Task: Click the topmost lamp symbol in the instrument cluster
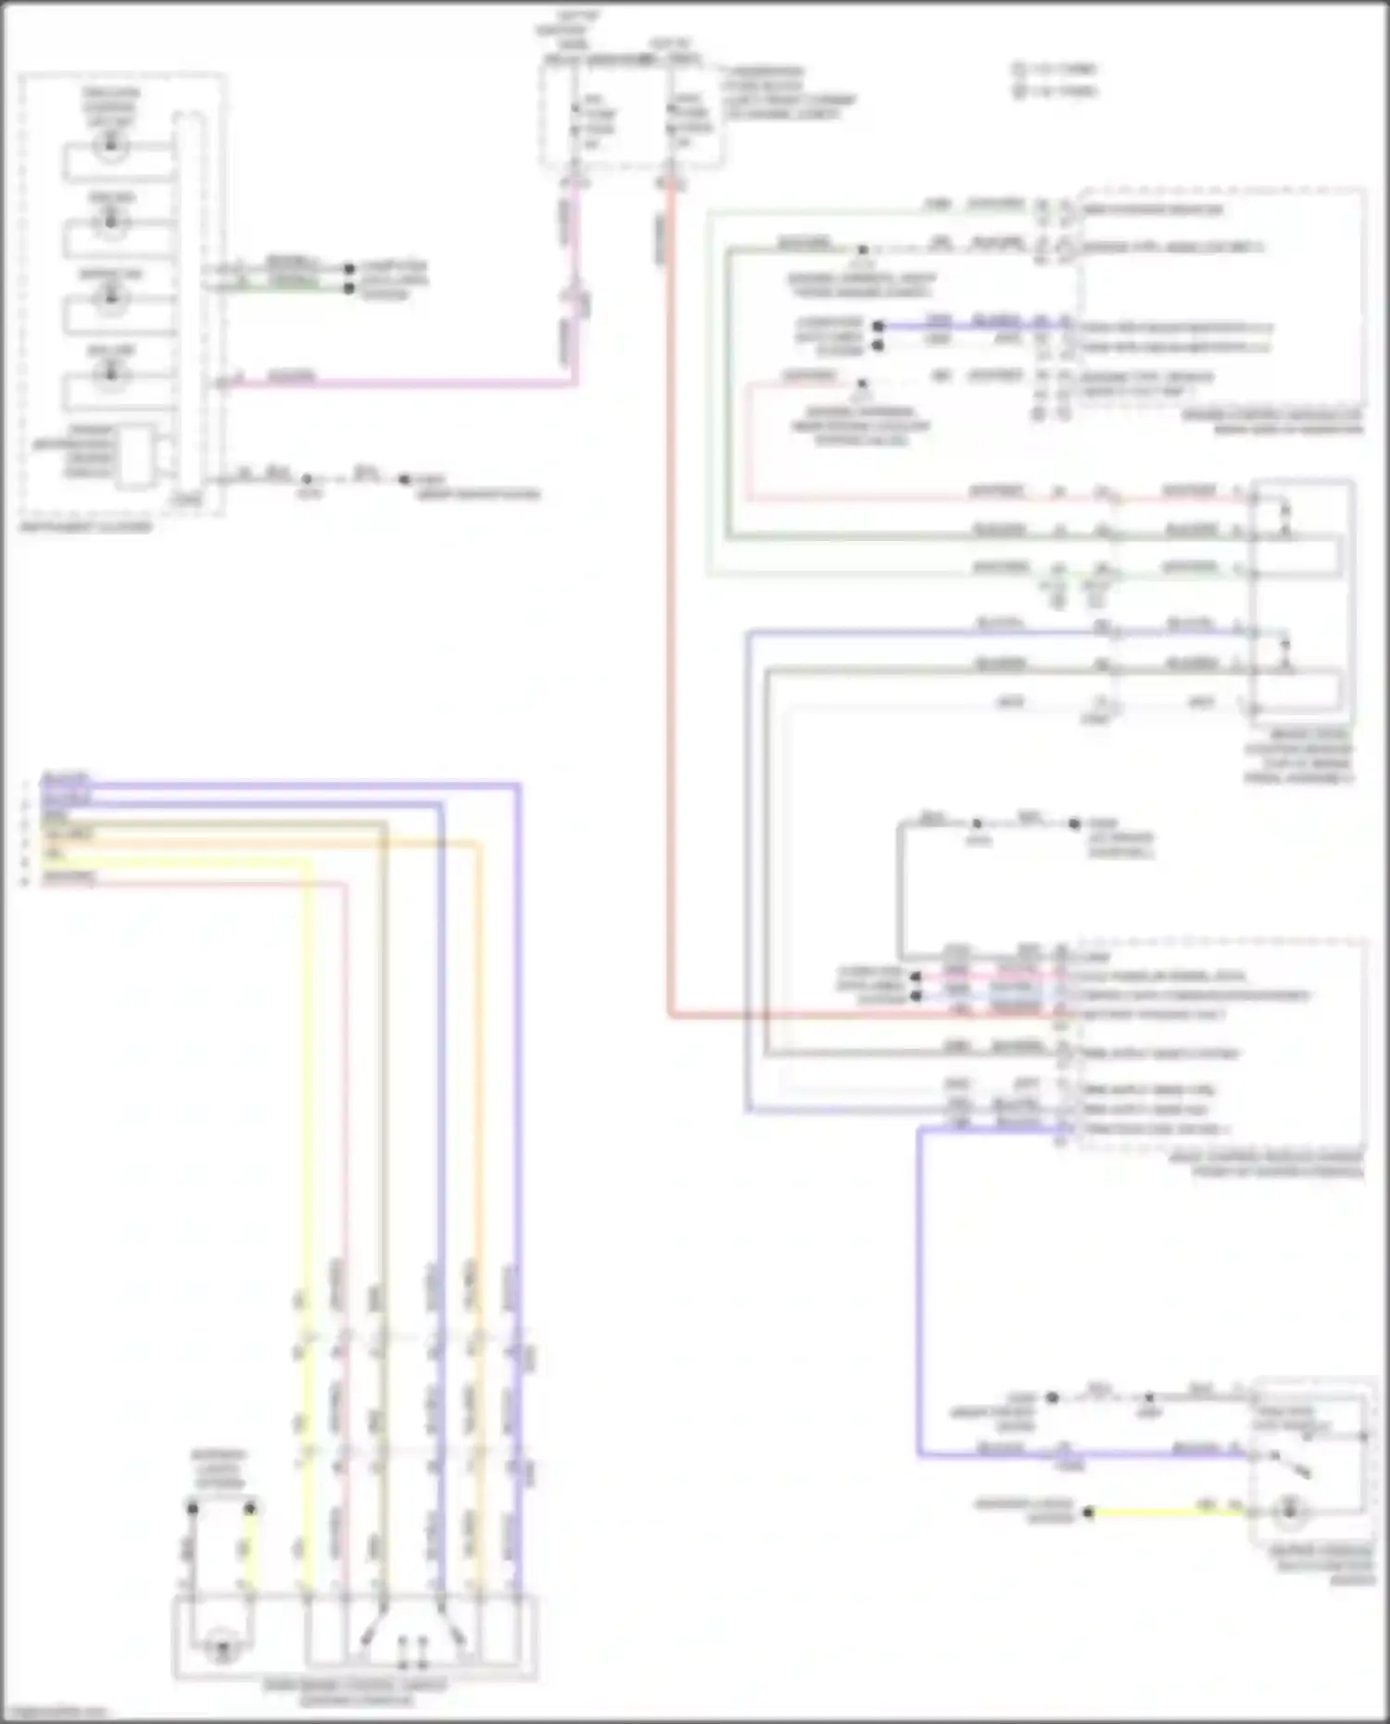click(x=111, y=145)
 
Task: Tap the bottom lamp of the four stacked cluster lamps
click(x=111, y=373)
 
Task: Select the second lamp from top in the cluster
click(x=111, y=221)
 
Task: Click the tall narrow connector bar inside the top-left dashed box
click(x=190, y=306)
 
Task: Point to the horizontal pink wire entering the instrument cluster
click(x=398, y=383)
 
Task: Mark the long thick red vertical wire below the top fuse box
click(x=669, y=602)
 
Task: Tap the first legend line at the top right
click(x=1056, y=69)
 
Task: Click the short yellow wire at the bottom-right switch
click(x=1168, y=1513)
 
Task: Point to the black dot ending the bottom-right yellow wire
click(x=1089, y=1513)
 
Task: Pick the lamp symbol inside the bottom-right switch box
click(x=1288, y=1513)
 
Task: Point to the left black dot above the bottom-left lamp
click(x=193, y=1509)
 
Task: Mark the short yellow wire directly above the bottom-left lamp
click(x=248, y=1547)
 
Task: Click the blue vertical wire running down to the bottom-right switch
click(x=919, y=1297)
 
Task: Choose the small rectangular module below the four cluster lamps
click(x=137, y=457)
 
